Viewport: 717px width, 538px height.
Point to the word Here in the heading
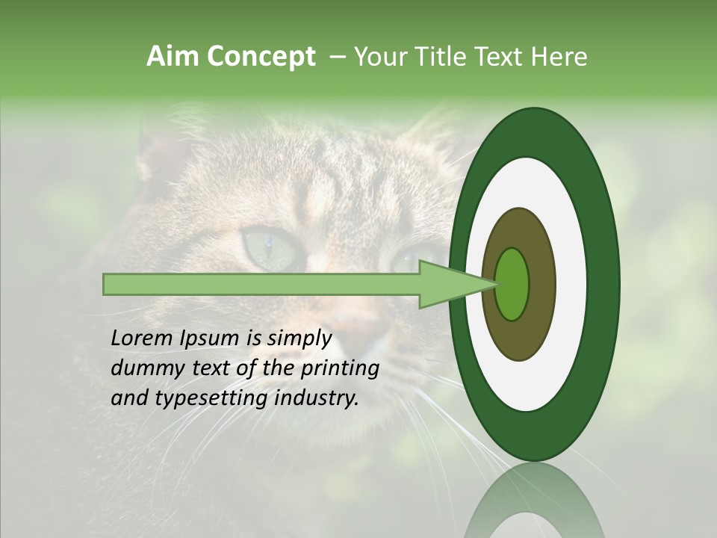pyautogui.click(x=559, y=57)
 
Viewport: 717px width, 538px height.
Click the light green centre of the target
pyautogui.click(x=512, y=285)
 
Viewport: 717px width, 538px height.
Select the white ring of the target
pyautogui.click(x=571, y=285)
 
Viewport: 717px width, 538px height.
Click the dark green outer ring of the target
pyautogui.click(x=603, y=285)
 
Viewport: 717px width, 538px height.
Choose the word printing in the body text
pyautogui.click(x=340, y=368)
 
